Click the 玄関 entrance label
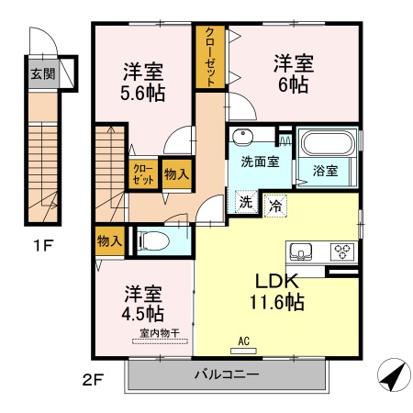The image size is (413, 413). tap(43, 73)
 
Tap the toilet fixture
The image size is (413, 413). tap(153, 240)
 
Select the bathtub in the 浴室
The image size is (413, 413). tap(328, 143)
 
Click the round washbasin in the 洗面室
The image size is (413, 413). tap(242, 137)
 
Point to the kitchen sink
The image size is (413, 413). tap(301, 251)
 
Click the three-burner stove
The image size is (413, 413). tap(342, 251)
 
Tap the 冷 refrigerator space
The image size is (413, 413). tap(275, 206)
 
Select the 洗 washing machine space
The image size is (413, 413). tap(246, 202)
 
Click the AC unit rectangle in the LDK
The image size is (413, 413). tap(243, 352)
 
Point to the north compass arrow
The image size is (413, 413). tap(394, 374)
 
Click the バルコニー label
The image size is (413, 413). tap(227, 374)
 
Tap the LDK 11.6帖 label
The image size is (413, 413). tap(277, 292)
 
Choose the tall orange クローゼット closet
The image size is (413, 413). tap(210, 57)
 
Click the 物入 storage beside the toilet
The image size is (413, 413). tap(109, 241)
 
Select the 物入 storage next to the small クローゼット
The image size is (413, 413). tap(177, 174)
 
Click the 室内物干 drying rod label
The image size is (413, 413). tap(160, 333)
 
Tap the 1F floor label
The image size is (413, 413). tap(43, 245)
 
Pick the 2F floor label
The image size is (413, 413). tap(94, 380)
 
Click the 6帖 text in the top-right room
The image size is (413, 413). tap(293, 84)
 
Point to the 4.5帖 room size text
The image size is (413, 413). tap(142, 313)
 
